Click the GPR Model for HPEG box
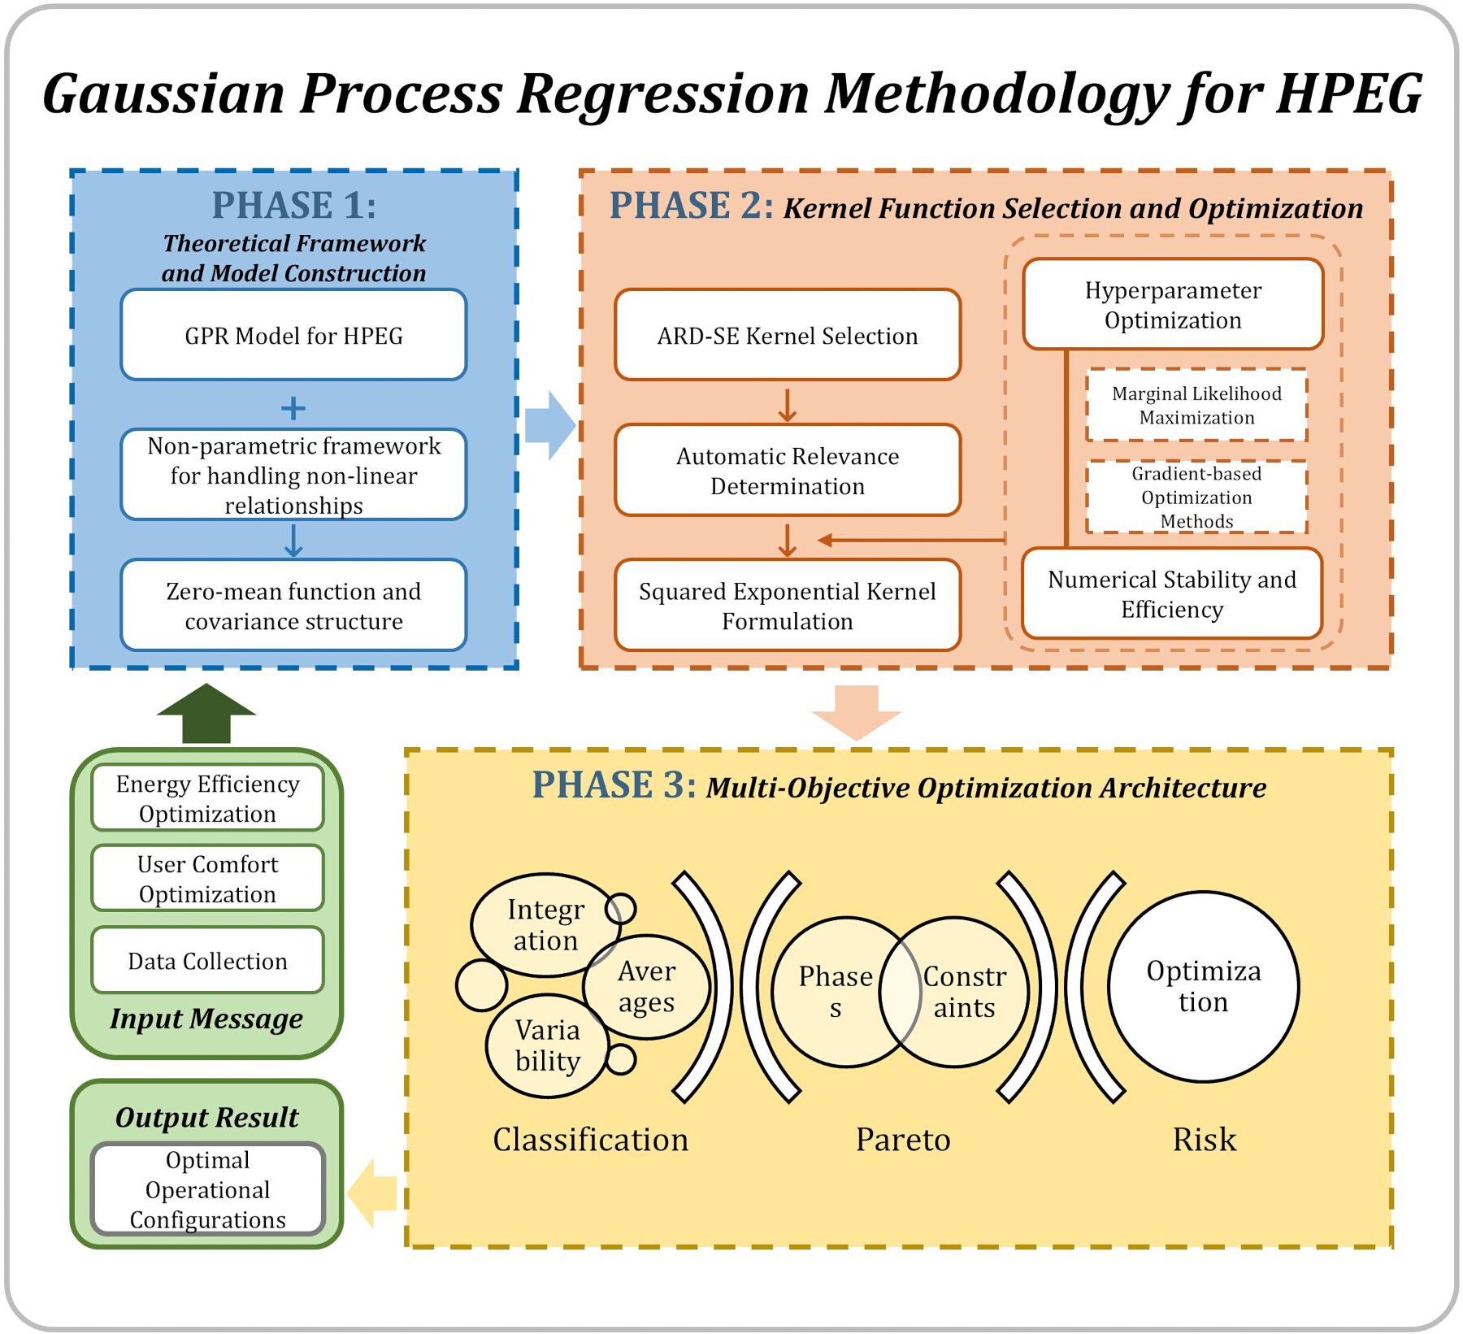coord(293,334)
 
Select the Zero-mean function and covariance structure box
coord(293,605)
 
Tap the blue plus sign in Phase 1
coord(293,407)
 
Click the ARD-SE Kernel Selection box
coord(788,334)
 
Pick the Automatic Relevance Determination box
coord(788,470)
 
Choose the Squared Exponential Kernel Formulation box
coord(788,605)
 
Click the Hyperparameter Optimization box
coord(1173,304)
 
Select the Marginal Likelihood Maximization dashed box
coord(1196,405)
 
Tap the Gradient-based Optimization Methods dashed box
coord(1196,497)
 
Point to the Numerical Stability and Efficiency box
coord(1172,593)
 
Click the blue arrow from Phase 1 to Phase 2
coord(550,425)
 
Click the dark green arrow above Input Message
coord(206,713)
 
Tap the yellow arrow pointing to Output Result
coord(372,1193)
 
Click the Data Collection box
coord(207,960)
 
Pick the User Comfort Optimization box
coord(207,878)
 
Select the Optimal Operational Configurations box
coord(207,1188)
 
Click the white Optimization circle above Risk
coord(1203,986)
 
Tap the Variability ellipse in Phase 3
coord(547,1045)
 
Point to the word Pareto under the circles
coord(903,1139)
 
